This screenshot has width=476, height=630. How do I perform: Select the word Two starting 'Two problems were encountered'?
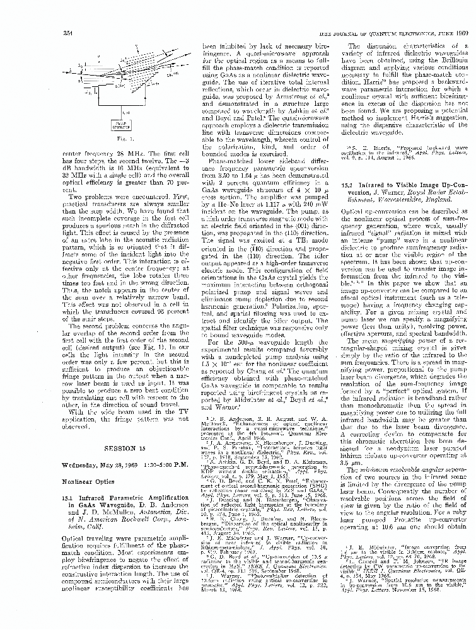tap(78, 197)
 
